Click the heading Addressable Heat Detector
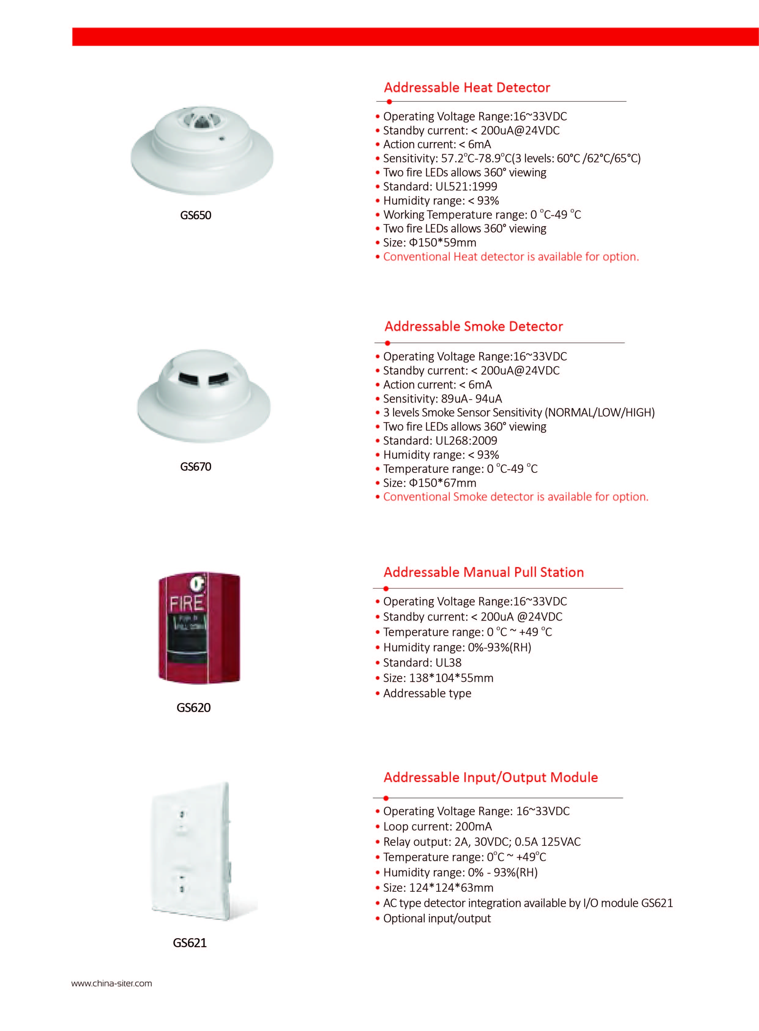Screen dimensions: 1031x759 467,87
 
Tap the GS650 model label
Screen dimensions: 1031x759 196,215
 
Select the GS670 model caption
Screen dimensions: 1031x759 196,467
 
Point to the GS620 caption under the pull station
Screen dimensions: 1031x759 193,707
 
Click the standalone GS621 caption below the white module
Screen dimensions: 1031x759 190,943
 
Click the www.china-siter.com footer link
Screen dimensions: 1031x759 112,984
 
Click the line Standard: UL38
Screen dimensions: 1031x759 422,663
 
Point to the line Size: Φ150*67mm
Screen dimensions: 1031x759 429,483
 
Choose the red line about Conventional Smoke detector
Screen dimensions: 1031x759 515,497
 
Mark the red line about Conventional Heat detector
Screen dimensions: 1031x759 511,257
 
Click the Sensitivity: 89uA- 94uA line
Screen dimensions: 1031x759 442,399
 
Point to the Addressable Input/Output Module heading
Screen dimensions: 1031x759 491,777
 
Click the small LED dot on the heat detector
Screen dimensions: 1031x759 222,137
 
